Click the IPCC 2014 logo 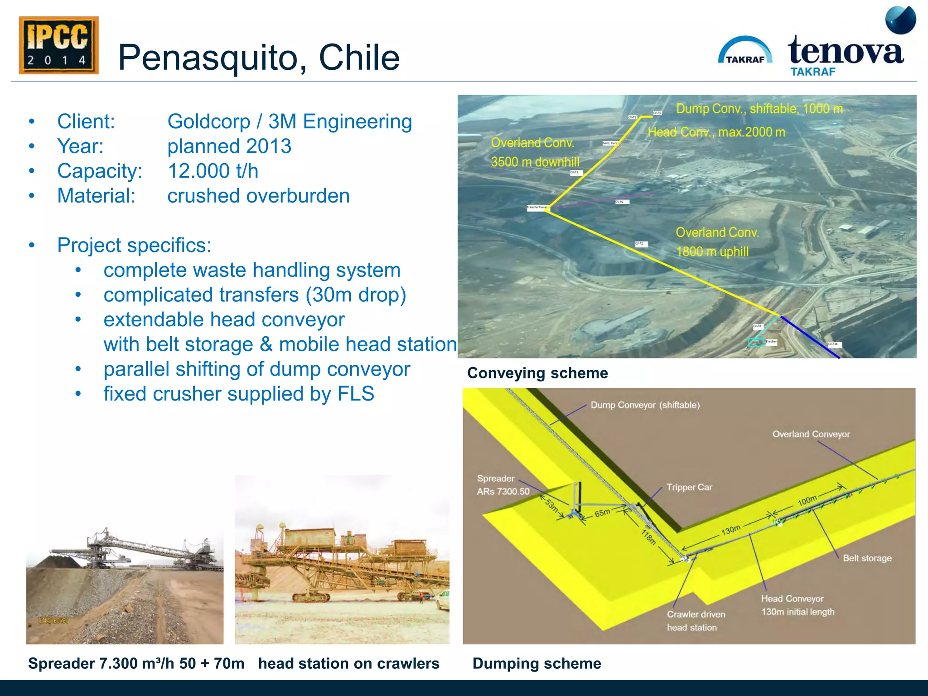coord(58,45)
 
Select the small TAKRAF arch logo coord(745,51)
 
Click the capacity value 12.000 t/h coord(213,171)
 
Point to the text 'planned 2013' coord(229,146)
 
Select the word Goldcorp coord(208,121)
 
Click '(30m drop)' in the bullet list coord(356,295)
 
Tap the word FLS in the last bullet coord(356,394)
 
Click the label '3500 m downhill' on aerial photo coord(535,162)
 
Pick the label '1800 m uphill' coord(712,251)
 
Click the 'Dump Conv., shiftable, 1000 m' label coord(759,109)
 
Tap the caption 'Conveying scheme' coord(537,373)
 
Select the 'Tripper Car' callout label coord(689,487)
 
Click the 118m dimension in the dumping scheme coord(648,537)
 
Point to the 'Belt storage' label coord(867,558)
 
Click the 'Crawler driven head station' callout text coord(696,621)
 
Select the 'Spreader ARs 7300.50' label coord(503,485)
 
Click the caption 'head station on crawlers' coord(348,663)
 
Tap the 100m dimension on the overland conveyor coord(807,500)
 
